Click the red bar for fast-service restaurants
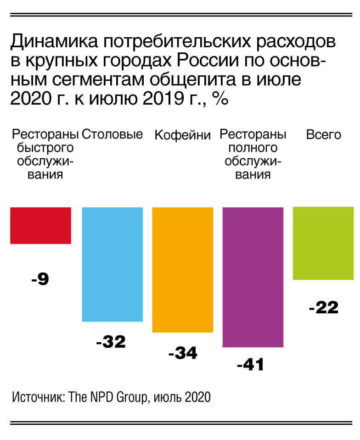(x=40, y=225)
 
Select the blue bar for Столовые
(x=112, y=264)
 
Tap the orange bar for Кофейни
(x=182, y=269)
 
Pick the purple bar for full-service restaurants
(x=253, y=277)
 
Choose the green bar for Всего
(x=323, y=243)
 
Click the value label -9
(x=40, y=279)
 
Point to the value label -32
(x=111, y=342)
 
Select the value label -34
(x=183, y=353)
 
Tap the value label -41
(x=250, y=365)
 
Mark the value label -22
(x=324, y=307)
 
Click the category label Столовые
(x=112, y=134)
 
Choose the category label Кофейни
(x=182, y=135)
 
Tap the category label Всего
(x=324, y=135)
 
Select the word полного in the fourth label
(x=253, y=148)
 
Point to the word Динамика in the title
(x=54, y=42)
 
